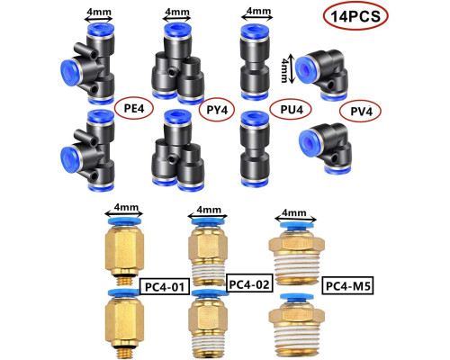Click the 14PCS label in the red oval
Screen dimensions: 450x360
pos(355,16)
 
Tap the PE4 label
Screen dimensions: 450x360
pos(134,108)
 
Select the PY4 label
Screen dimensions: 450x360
pos(217,110)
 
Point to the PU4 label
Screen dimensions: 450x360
pos(292,109)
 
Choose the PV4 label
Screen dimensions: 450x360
pos(361,112)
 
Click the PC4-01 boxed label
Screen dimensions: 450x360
pos(165,286)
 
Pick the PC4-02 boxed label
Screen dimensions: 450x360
pos(249,283)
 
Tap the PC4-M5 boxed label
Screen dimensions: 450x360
pos(347,286)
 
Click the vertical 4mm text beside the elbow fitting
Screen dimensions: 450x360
pos(284,70)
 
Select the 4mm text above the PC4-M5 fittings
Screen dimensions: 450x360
pos(294,212)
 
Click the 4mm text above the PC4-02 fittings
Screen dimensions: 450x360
pos(208,210)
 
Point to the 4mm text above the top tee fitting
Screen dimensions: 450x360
pos(99,13)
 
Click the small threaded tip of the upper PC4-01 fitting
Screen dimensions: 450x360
pos(125,281)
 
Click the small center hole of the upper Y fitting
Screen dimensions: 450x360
pos(172,72)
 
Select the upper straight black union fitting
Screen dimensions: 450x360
pos(255,61)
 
